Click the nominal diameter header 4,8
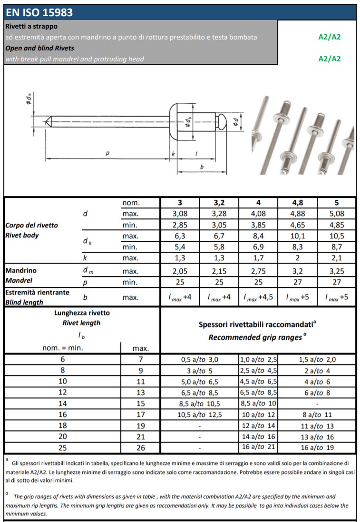coord(297,203)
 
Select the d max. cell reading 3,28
coord(219,214)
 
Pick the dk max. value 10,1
coord(297,236)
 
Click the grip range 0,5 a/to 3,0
coord(199,360)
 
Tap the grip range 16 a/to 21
coord(258,447)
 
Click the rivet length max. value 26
coord(140,447)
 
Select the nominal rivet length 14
coord(63,404)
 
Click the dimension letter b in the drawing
coord(202,167)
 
